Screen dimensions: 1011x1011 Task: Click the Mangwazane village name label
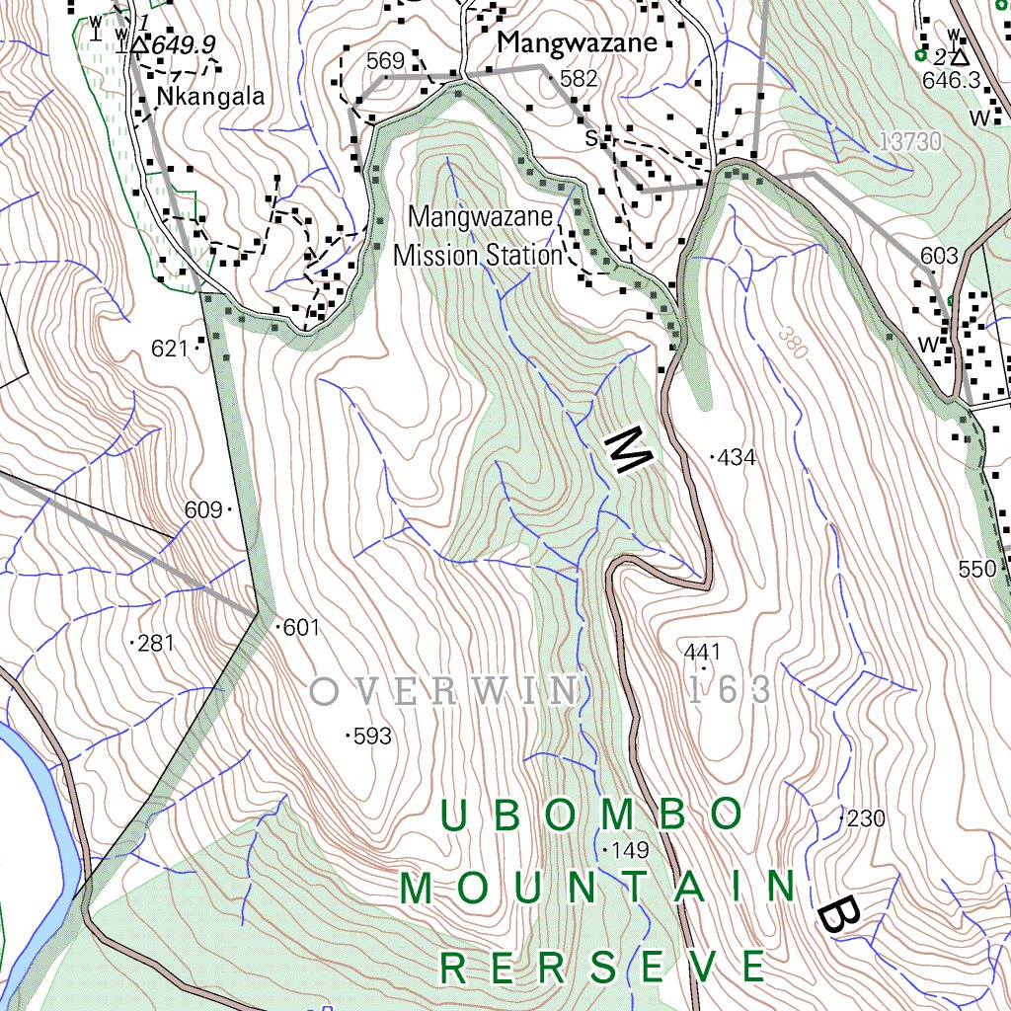pos(577,42)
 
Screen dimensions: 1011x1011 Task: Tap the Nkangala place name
pos(211,97)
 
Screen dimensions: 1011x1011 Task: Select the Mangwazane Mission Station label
pos(478,236)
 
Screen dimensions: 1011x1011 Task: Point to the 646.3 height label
pos(951,80)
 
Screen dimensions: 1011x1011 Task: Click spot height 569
pos(385,61)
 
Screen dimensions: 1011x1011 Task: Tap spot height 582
pos(579,79)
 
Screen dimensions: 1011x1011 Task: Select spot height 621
pos(170,349)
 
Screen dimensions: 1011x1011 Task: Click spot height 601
pos(301,627)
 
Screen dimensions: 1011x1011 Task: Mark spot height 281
pos(156,644)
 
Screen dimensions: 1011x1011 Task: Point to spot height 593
pos(372,736)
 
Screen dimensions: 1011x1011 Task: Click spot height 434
pos(737,457)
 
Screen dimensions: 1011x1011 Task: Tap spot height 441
pos(702,652)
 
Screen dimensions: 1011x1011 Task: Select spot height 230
pos(866,818)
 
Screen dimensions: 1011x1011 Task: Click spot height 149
pos(629,850)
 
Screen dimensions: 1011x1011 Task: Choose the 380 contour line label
pos(787,342)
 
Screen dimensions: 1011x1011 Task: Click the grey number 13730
pos(908,142)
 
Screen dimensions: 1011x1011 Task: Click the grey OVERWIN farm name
pos(444,691)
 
